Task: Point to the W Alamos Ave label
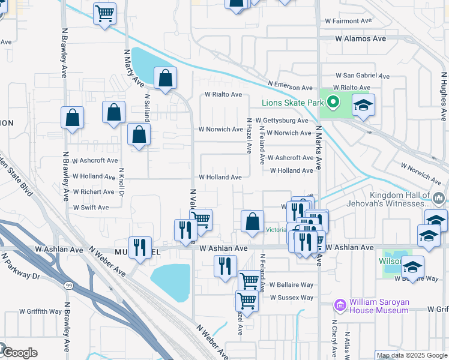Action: pyautogui.click(x=360, y=38)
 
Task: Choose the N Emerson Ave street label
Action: pyautogui.click(x=291, y=87)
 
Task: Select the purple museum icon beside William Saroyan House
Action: pyautogui.click(x=340, y=306)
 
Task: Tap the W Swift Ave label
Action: pyautogui.click(x=91, y=207)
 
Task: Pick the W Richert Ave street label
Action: pyautogui.click(x=94, y=192)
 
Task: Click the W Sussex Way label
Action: pyautogui.click(x=292, y=298)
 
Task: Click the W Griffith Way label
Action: pyautogui.click(x=40, y=312)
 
